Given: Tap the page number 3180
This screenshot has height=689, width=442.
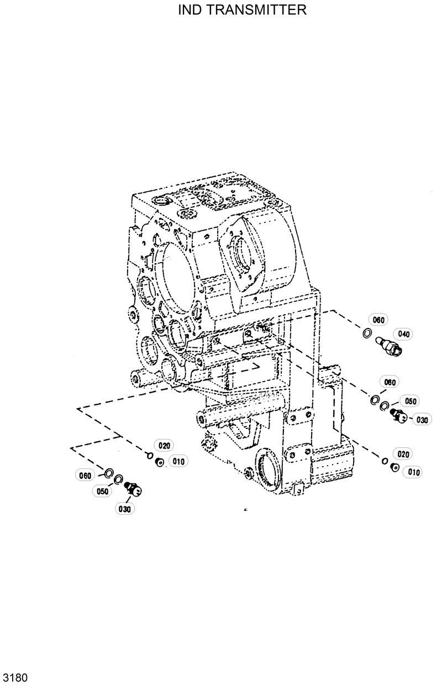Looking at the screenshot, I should click(x=15, y=677).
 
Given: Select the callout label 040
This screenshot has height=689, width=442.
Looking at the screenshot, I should click(x=403, y=334).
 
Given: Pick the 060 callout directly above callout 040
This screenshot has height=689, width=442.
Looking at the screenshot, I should click(x=378, y=320).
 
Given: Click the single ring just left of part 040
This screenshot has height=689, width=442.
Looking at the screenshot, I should click(x=366, y=333).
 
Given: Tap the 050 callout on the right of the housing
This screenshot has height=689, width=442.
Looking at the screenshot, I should click(x=411, y=401).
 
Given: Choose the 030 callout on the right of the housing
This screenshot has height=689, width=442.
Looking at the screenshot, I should click(x=422, y=420).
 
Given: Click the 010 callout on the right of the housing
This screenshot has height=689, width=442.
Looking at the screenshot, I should click(x=414, y=472).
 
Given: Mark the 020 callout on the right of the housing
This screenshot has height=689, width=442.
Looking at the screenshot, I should click(x=403, y=455).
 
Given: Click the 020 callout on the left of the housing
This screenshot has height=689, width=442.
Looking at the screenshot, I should click(x=165, y=445).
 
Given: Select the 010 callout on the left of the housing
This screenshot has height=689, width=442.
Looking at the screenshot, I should click(x=178, y=461).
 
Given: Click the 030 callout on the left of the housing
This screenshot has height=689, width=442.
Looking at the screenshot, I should click(x=124, y=509).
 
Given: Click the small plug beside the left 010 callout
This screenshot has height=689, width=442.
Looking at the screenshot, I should click(x=159, y=462).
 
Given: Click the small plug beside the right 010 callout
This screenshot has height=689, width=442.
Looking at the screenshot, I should click(x=394, y=468).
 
